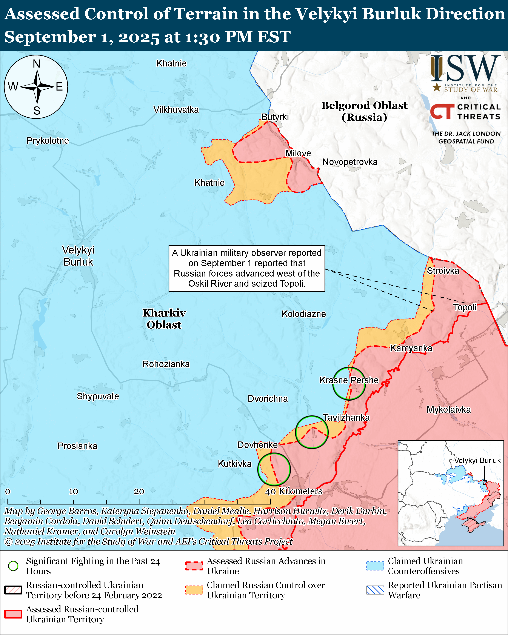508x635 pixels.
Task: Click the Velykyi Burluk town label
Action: (78, 256)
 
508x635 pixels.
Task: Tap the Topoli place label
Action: (465, 307)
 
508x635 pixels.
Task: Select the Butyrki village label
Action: (275, 117)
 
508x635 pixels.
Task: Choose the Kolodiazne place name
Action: (304, 314)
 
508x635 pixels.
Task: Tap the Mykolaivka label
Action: (448, 409)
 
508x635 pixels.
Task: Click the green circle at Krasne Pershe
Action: (349, 383)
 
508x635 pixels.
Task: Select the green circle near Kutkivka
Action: (274, 469)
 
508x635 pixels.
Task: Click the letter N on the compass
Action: (37, 64)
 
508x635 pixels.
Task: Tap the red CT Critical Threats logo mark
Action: (442, 112)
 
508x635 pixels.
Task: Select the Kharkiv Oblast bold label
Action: (164, 319)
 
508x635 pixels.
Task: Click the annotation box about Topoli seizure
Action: (246, 268)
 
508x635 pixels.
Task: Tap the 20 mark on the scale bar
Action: (139, 491)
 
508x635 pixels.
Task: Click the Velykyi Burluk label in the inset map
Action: (477, 460)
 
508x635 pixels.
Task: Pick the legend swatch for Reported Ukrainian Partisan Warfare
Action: (375, 590)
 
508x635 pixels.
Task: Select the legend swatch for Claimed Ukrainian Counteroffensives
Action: (375, 566)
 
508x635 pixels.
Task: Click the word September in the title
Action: (50, 37)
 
